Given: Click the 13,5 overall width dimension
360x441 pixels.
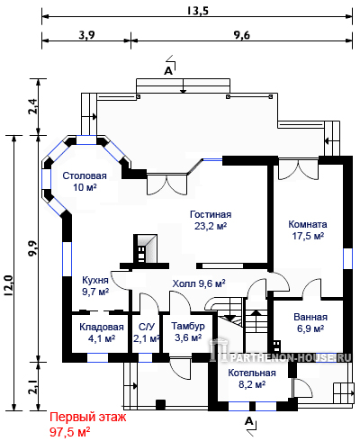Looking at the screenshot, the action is click(197, 11).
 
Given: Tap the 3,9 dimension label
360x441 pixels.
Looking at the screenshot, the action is click(86, 35).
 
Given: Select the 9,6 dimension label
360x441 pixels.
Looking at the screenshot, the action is click(241, 35).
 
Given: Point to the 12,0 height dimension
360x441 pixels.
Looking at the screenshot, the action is click(8, 285).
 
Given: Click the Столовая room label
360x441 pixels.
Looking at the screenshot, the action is click(85, 175).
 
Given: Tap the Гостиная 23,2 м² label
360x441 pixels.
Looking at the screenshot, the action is click(211, 220).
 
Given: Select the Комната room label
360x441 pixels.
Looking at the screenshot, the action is click(308, 224).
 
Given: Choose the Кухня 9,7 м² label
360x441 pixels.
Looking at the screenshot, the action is click(95, 285).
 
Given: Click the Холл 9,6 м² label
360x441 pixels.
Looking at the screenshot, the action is click(199, 283).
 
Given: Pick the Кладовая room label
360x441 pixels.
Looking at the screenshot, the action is click(102, 327).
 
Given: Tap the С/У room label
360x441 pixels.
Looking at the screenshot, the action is click(147, 327).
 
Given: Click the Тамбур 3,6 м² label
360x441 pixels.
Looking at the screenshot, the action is click(188, 331).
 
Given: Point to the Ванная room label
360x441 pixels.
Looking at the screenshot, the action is click(310, 317).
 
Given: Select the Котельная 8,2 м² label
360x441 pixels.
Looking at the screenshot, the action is click(252, 378).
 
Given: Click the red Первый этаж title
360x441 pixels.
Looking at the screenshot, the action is click(88, 417).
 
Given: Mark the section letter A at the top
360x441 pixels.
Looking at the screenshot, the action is click(168, 71).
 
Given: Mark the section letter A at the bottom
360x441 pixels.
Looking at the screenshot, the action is click(249, 421).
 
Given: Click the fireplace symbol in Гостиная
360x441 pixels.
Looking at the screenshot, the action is click(145, 248).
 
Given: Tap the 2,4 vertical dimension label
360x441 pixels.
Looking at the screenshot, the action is click(32, 106).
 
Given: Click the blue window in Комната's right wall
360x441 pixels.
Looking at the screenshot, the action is click(347, 258).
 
